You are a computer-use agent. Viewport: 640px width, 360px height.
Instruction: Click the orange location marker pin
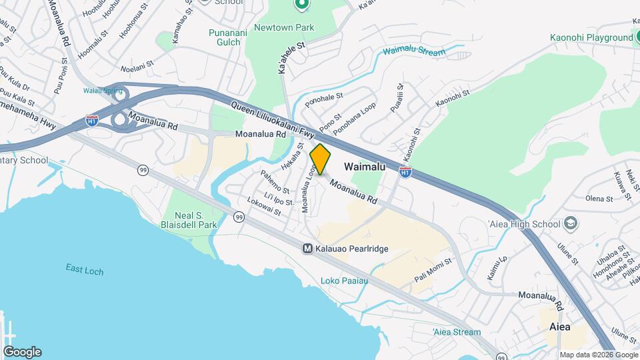coord(320,159)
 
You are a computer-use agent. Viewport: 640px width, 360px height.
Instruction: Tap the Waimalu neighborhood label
coord(365,167)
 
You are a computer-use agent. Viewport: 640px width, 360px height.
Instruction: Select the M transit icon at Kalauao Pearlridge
coord(308,249)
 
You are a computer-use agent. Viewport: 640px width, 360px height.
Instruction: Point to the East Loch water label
coord(84,269)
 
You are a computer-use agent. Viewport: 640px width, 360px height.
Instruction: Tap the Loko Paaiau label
coord(344,281)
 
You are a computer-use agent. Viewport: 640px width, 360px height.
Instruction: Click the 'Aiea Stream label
coord(456,332)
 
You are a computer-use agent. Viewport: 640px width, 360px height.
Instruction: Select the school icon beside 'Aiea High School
coord(571,223)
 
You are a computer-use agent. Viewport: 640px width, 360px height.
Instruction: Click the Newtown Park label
coord(290,27)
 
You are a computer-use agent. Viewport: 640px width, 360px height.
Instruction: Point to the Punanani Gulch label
coord(227,37)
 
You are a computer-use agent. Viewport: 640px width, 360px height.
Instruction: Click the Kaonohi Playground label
coord(591,38)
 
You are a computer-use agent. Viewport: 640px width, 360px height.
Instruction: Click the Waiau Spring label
coord(100,91)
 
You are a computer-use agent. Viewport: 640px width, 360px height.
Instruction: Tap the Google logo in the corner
coord(22,351)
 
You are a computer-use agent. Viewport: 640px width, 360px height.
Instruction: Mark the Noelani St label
coord(137,68)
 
